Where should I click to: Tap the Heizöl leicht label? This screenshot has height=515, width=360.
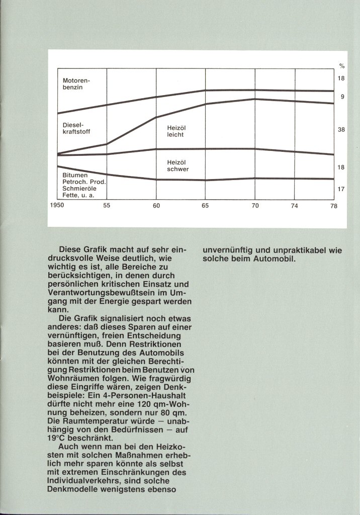[176, 131]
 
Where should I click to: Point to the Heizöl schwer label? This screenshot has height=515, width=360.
[178, 166]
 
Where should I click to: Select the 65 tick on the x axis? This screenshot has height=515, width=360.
[205, 206]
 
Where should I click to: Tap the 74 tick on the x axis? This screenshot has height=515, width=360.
[294, 206]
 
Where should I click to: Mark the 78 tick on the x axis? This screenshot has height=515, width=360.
[334, 206]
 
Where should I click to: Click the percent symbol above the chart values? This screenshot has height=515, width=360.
[341, 66]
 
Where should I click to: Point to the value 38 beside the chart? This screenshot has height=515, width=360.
[341, 130]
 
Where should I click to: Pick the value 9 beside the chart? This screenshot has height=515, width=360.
[342, 97]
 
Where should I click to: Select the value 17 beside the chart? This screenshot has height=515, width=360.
[341, 189]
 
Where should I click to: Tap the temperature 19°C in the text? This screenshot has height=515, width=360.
[72, 437]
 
